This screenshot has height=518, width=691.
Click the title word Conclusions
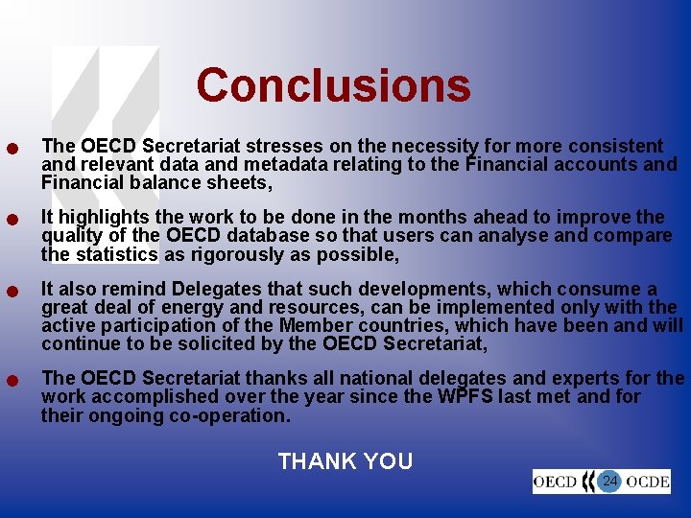click(x=333, y=84)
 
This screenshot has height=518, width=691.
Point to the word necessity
click(x=432, y=147)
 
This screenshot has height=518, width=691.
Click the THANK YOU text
click(x=345, y=461)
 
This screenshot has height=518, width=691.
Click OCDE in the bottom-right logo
click(x=647, y=482)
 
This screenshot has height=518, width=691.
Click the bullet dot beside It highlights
click(x=12, y=220)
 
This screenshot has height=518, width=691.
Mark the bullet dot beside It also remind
click(x=12, y=292)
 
